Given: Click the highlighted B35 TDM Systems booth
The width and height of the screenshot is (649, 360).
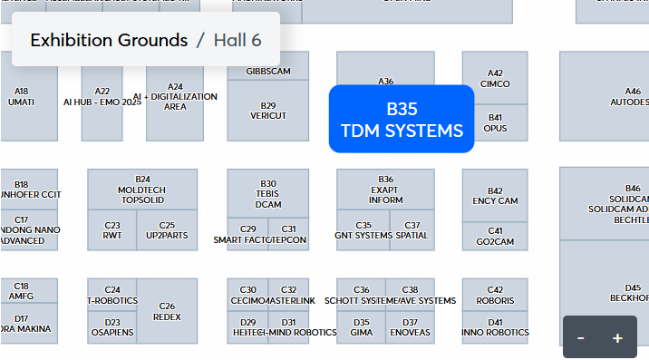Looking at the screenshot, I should click(402, 119).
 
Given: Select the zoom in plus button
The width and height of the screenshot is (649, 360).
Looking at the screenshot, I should click(617, 337).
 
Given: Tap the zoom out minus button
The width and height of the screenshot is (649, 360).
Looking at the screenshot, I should click(580, 337).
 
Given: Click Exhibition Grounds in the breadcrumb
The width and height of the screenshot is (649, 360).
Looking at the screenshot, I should click(109, 40).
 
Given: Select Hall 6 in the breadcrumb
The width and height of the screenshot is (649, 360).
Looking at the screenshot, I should click(237, 40).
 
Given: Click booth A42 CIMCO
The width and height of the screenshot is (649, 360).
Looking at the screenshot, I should click(495, 79).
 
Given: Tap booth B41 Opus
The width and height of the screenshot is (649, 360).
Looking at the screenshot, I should click(495, 123).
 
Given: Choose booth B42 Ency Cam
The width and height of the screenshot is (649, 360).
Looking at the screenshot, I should click(495, 196).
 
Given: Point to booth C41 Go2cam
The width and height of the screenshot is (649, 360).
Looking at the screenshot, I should click(495, 237).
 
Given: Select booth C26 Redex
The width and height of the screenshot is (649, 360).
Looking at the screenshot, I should click(167, 311).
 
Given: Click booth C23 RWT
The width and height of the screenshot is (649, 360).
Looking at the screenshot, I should click(112, 230).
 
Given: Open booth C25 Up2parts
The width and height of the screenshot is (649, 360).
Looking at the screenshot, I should click(167, 230).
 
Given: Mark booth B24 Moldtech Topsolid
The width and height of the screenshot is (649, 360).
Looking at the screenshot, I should click(142, 190).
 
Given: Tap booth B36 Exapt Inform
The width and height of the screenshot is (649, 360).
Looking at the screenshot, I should click(385, 190).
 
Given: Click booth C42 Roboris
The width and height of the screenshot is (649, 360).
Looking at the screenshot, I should click(495, 296).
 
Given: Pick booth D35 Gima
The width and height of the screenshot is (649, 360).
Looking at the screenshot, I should click(361, 327).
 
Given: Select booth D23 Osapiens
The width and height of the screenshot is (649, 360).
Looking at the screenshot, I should click(112, 327).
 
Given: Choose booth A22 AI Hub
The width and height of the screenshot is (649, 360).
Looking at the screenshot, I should click(102, 96).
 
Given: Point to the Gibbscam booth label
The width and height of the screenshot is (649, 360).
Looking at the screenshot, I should click(267, 71).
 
